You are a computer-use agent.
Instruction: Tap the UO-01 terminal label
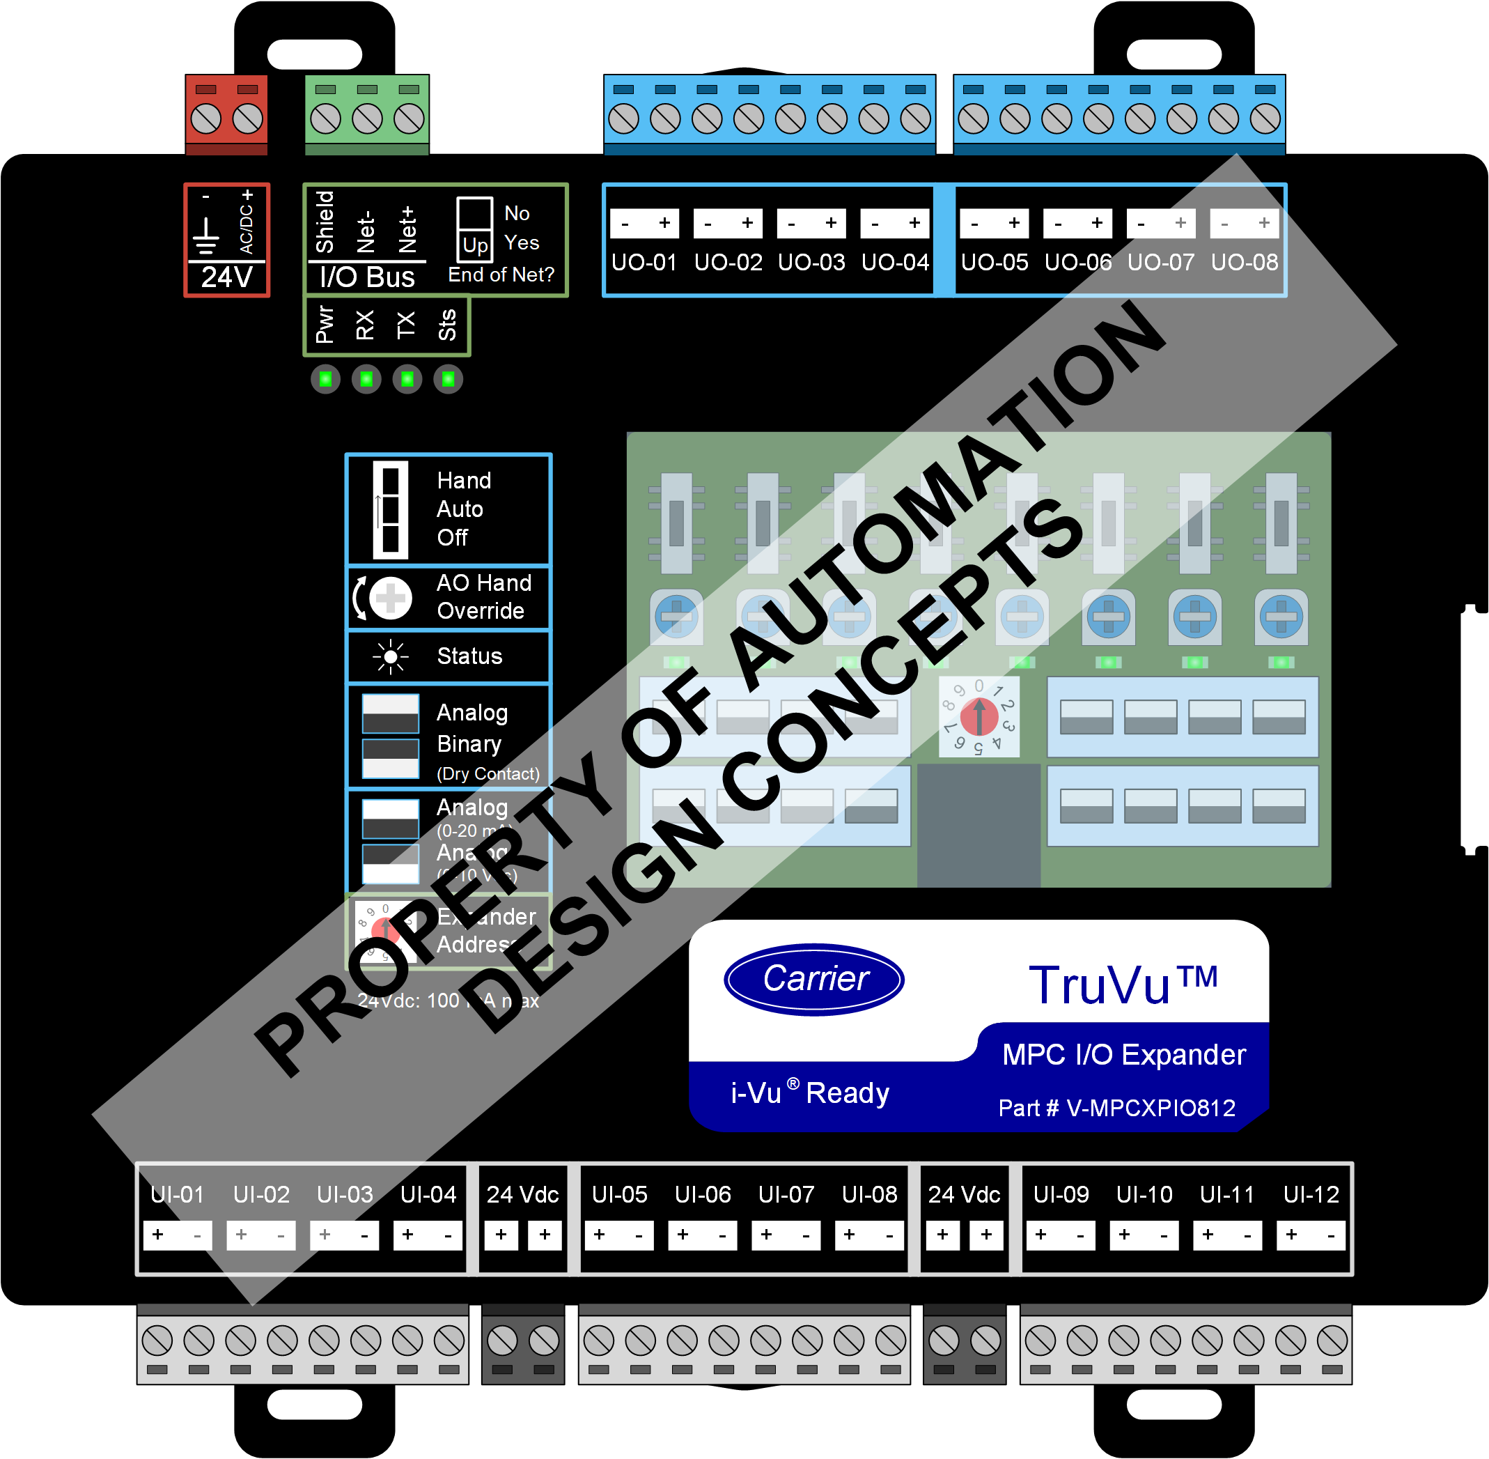(644, 263)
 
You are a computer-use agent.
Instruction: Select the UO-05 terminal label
(995, 263)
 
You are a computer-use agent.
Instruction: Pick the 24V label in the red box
(227, 277)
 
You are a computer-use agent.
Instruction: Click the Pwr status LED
(325, 379)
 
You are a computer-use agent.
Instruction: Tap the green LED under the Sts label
(448, 379)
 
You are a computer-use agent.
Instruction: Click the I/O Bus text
(367, 277)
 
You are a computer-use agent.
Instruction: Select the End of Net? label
(501, 275)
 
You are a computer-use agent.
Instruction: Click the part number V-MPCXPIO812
(1117, 1108)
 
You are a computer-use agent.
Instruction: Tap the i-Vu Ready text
(809, 1093)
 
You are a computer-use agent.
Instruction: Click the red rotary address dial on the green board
(979, 717)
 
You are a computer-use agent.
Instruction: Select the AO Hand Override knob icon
(390, 598)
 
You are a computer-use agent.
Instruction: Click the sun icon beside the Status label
(391, 657)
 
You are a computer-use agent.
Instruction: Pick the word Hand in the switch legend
(463, 481)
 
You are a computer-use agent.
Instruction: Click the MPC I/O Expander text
(1123, 1054)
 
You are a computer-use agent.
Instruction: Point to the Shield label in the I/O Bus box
(325, 222)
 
